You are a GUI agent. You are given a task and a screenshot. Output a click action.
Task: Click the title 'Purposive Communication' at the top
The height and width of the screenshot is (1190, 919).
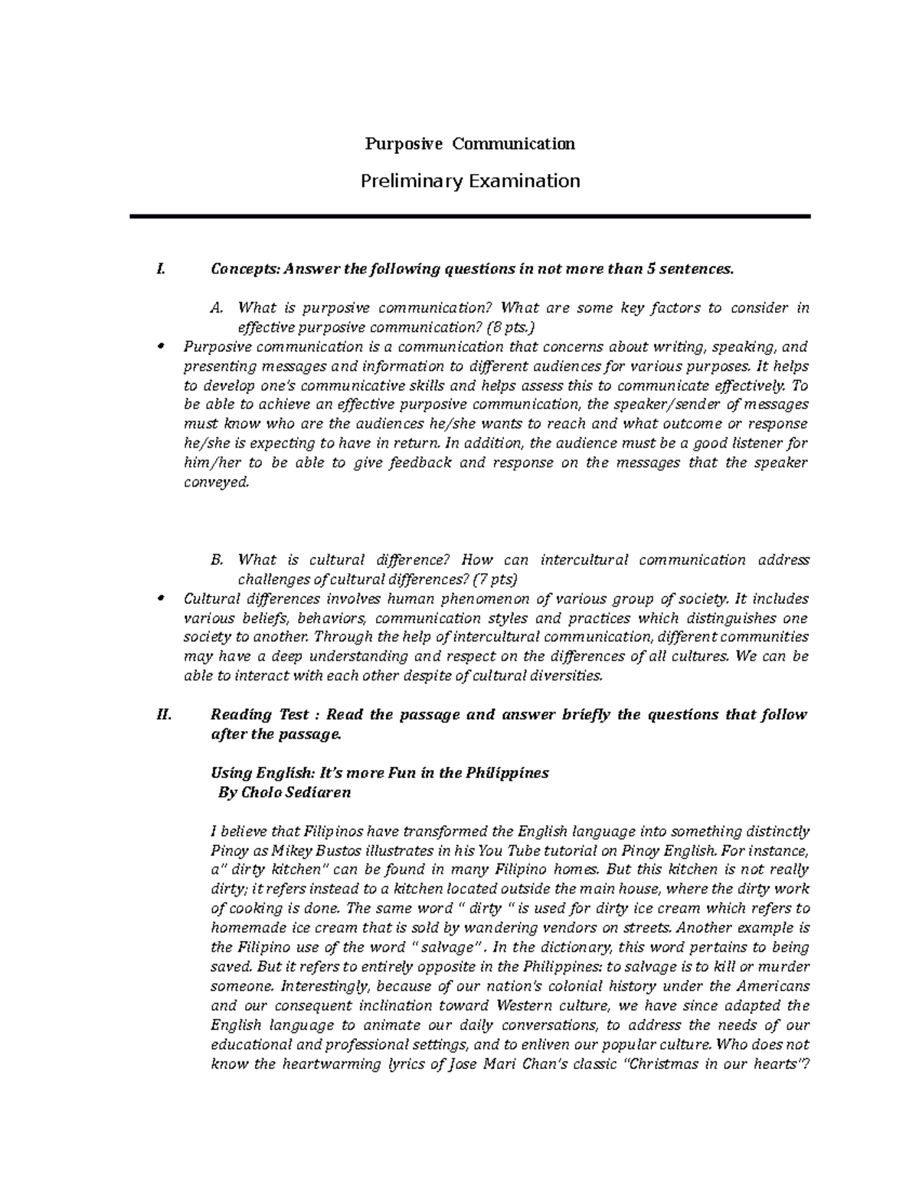[469, 144]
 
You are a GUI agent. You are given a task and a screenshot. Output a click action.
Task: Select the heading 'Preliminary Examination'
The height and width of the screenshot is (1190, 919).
[469, 182]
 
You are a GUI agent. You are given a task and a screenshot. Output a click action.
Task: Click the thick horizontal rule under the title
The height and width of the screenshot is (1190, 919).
[469, 218]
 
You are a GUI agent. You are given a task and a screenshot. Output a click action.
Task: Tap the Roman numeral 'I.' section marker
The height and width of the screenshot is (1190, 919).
[159, 269]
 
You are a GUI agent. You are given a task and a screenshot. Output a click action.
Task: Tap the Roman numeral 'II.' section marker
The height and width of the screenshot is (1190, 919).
[162, 715]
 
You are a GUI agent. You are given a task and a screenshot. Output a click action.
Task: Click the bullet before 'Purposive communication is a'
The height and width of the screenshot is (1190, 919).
[160, 346]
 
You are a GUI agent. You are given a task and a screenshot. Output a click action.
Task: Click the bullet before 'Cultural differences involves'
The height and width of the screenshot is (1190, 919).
[160, 598]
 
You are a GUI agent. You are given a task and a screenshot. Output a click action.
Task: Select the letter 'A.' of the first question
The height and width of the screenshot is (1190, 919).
[216, 308]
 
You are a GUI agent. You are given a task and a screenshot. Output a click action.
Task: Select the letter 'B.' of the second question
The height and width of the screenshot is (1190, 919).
[216, 560]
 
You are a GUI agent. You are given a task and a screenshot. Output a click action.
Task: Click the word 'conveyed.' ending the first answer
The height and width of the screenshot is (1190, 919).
[217, 483]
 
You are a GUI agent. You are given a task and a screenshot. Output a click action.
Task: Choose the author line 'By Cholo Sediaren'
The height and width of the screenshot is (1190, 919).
[285, 793]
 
